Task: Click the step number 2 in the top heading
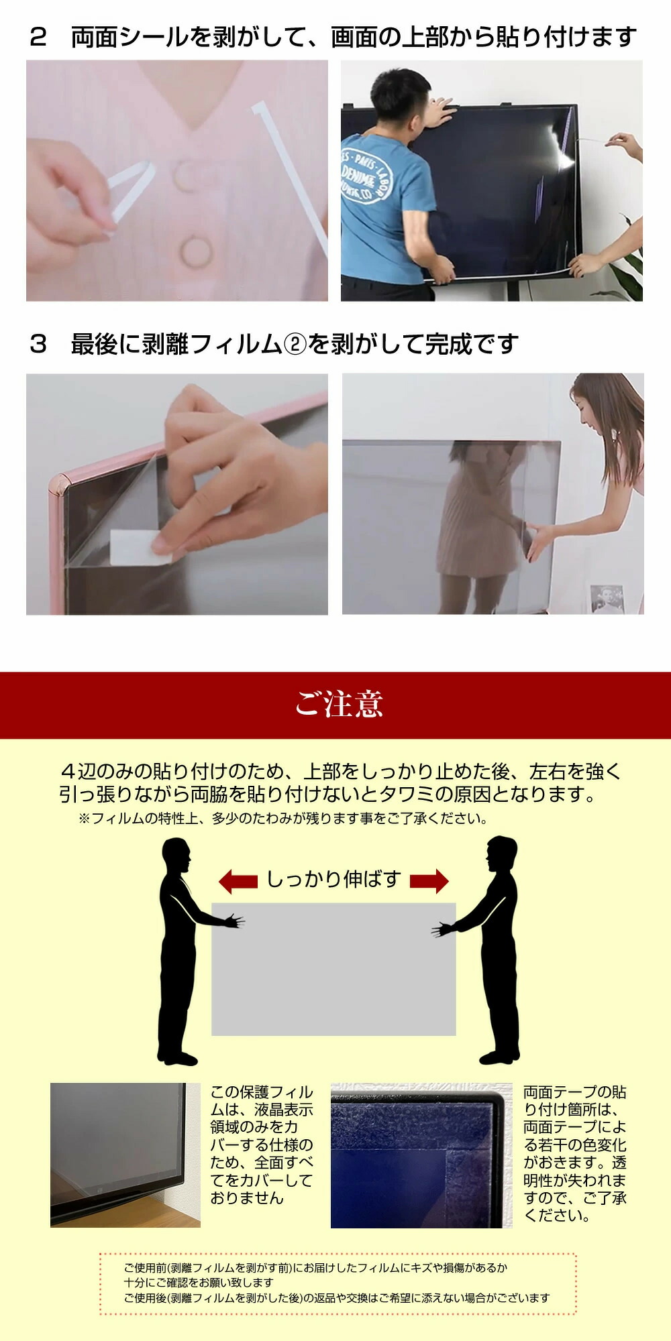[x=38, y=38]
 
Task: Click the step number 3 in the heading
[x=38, y=345]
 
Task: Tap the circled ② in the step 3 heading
[x=295, y=345]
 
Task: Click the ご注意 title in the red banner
[x=339, y=704]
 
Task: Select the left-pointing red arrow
[x=238, y=881]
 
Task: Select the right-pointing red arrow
[x=429, y=881]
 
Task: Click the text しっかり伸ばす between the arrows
[x=333, y=879]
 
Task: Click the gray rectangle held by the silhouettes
[x=333, y=969]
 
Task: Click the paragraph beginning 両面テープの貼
[x=574, y=1154]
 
